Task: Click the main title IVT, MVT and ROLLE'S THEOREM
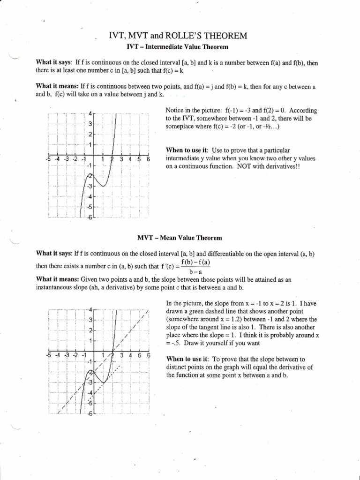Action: [180, 36]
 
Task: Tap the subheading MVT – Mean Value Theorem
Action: [180, 238]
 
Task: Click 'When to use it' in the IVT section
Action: [187, 150]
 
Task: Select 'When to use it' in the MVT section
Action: [187, 359]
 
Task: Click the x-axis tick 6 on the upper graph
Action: [148, 159]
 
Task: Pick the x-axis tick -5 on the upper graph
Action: [48, 159]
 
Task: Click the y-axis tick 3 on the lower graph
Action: [90, 320]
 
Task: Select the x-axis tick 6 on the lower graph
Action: [148, 355]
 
